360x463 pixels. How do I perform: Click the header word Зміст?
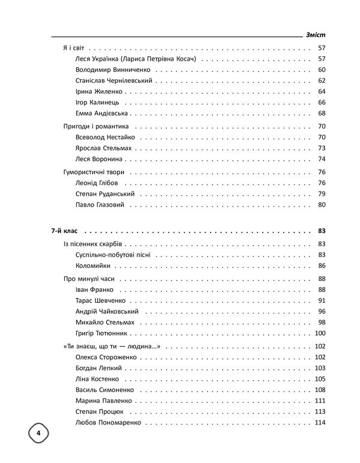click(316, 34)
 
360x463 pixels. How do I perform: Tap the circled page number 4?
click(38, 433)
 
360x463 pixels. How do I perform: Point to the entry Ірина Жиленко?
click(99, 91)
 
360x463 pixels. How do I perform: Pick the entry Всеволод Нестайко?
click(105, 138)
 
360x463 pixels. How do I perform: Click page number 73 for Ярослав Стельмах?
click(321, 148)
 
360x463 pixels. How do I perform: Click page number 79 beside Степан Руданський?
click(321, 194)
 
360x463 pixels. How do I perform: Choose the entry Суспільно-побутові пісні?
click(113, 255)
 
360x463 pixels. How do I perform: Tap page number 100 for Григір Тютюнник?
click(319, 333)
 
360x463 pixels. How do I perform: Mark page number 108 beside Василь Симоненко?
click(319, 390)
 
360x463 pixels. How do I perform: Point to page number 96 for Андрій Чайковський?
click(321, 311)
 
